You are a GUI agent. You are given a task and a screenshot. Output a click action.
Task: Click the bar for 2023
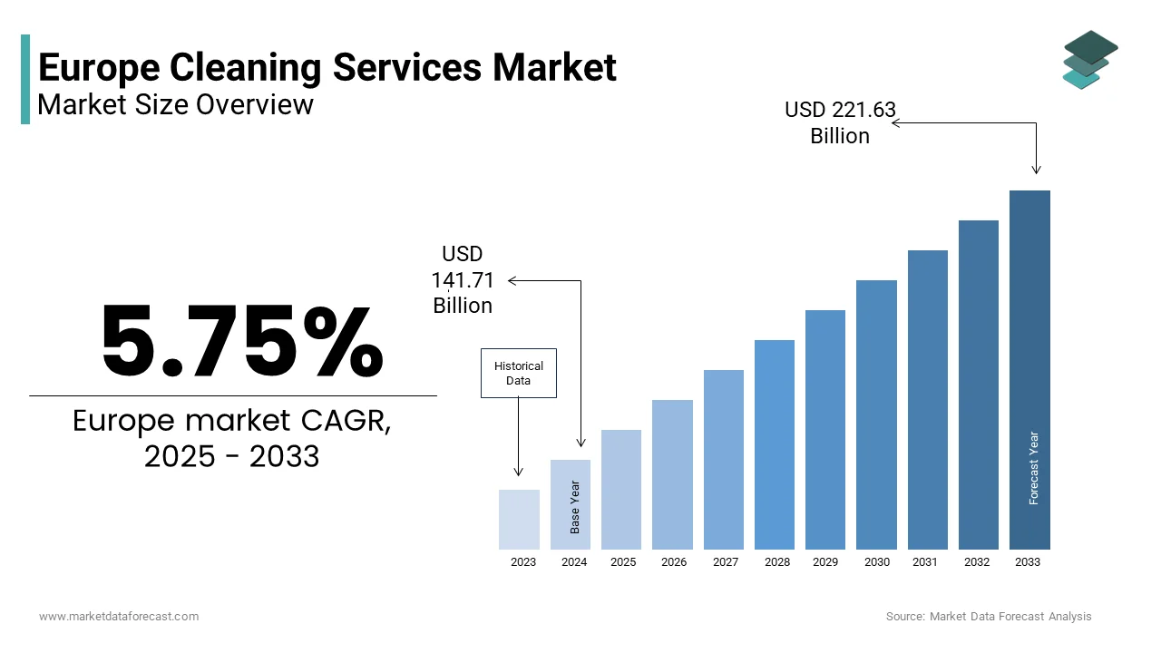[519, 520]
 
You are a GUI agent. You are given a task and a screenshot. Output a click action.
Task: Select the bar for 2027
[723, 460]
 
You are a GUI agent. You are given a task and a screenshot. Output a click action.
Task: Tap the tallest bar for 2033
[1029, 370]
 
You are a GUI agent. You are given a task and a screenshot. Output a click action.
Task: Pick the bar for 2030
[876, 414]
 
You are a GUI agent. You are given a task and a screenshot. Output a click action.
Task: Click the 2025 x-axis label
[623, 562]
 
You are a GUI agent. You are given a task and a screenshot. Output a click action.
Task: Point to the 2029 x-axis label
[825, 562]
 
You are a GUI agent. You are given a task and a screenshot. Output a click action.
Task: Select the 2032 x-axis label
[977, 562]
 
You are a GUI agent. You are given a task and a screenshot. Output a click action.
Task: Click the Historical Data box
[518, 373]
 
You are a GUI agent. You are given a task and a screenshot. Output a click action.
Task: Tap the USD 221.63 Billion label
[840, 123]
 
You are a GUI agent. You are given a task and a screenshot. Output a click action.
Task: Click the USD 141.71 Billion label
[463, 279]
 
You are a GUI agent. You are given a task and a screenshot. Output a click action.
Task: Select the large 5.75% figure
[242, 342]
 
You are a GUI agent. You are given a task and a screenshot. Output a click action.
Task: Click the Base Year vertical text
[575, 506]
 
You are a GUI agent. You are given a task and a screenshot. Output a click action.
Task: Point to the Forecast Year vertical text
[1034, 468]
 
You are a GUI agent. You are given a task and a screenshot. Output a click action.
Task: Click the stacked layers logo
[1089, 60]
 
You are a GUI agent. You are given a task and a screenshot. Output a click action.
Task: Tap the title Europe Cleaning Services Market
[327, 67]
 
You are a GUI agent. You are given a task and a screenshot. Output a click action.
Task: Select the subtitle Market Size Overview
[176, 105]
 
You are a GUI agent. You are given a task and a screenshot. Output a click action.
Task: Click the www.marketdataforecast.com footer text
[119, 617]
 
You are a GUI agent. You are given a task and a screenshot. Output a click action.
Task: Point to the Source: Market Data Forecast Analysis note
[989, 617]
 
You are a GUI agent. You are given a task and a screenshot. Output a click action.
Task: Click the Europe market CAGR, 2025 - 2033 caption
[232, 438]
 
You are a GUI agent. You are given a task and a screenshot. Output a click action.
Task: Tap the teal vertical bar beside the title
[25, 79]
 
